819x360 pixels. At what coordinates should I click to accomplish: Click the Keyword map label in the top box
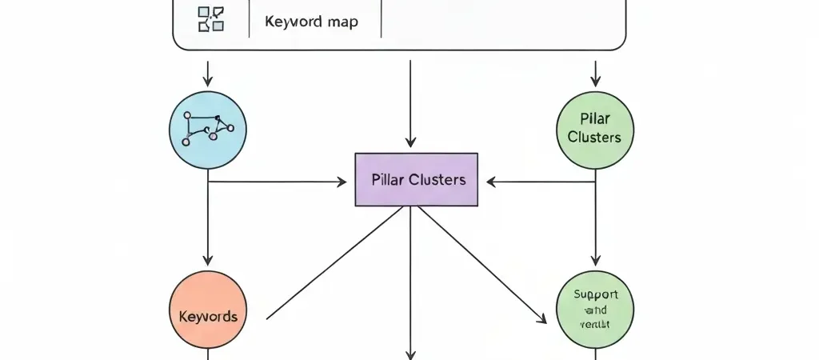(311, 22)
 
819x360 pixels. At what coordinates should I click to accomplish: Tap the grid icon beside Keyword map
(211, 20)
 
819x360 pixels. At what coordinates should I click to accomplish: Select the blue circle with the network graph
(208, 129)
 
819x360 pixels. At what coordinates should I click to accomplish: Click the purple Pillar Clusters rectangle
(416, 179)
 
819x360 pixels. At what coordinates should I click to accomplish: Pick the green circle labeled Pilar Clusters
(594, 129)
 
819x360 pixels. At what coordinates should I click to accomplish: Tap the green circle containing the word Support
(594, 310)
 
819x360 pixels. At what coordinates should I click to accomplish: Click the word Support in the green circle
(596, 294)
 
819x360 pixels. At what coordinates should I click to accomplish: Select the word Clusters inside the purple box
(437, 179)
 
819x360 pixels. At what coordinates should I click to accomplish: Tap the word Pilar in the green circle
(594, 119)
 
